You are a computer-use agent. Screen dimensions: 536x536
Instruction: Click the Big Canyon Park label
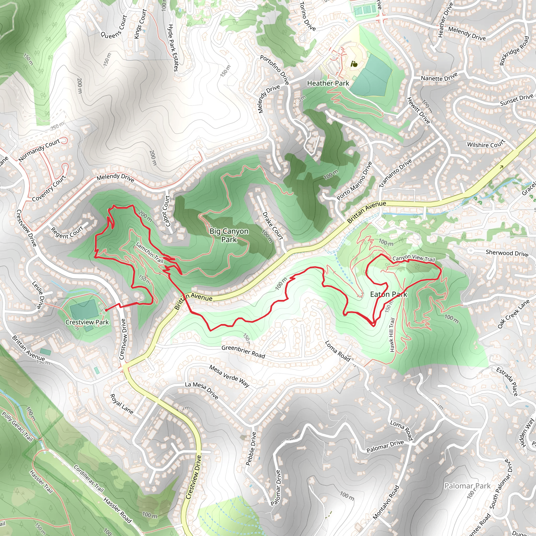tap(229, 235)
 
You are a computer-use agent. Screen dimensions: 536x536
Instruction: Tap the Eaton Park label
tap(389, 294)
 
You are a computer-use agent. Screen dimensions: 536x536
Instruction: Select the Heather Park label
tap(328, 83)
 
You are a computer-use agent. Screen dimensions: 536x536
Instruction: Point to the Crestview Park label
tap(87, 322)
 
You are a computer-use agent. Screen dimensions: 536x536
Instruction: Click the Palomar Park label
tap(467, 486)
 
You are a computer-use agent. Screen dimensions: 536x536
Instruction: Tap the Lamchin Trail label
tap(149, 253)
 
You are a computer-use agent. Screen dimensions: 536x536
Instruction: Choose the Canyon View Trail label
tap(414, 258)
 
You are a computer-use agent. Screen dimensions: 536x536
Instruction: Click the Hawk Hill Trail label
tap(392, 335)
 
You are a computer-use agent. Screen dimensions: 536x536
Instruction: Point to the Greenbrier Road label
tap(243, 351)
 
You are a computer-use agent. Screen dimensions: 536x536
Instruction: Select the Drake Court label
tap(273, 226)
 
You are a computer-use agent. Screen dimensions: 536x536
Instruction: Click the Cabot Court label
tap(166, 211)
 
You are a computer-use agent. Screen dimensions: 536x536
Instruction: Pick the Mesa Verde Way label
tap(229, 376)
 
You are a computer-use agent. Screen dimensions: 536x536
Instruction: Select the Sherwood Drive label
tap(507, 253)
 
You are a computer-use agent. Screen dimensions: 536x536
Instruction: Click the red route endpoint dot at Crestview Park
tap(106, 310)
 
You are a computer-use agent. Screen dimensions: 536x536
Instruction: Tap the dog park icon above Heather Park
tap(354, 64)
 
